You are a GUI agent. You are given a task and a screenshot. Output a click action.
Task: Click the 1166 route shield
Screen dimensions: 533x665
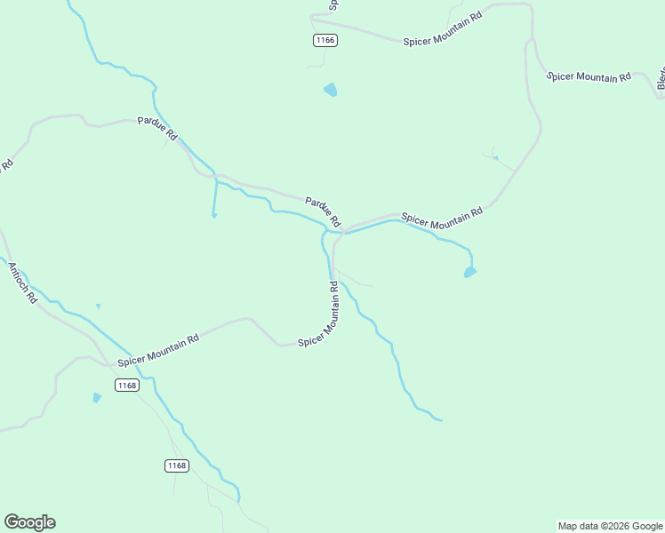pos(325,40)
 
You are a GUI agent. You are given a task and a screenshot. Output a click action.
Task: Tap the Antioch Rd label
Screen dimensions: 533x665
pos(22,282)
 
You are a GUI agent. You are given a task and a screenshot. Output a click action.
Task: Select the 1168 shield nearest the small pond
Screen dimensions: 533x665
pos(127,385)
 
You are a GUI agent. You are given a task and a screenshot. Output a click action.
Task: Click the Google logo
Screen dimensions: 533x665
pos(29,522)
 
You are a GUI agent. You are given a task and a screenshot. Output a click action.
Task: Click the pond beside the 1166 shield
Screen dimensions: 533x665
pos(331,90)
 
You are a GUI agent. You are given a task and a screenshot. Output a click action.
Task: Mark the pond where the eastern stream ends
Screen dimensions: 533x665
pos(470,272)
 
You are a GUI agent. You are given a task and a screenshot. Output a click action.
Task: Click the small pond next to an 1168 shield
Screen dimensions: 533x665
pos(97,398)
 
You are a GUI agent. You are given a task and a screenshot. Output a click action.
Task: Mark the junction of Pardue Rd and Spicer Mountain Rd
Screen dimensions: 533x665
pos(340,231)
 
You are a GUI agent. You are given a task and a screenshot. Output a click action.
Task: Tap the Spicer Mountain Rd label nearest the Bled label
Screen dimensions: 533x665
pos(589,77)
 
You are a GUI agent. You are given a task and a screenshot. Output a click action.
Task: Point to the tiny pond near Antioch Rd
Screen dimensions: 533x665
pos(98,306)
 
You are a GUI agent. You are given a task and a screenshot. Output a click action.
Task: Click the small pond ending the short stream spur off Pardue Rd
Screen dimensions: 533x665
pos(214,215)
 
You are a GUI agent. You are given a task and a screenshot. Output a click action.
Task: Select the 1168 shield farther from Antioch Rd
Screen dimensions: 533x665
pos(177,465)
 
